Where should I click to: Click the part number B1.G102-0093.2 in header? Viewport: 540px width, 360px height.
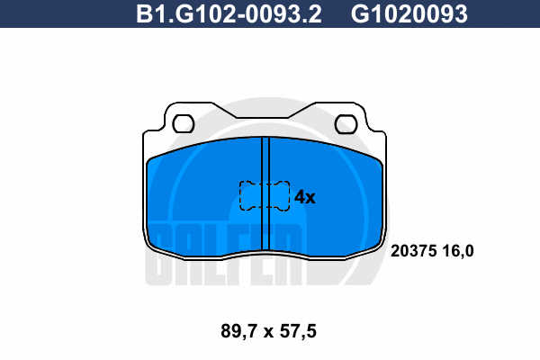[x=229, y=13]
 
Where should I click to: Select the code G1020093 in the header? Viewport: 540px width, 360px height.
[x=409, y=13]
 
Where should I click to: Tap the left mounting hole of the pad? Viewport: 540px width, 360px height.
[x=184, y=124]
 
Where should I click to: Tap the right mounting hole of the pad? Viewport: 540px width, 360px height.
[x=346, y=124]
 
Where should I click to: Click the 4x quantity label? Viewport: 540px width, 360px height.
[x=305, y=197]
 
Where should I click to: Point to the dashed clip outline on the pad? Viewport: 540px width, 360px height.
[x=265, y=195]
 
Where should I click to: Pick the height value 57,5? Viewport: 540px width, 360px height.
[x=298, y=332]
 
